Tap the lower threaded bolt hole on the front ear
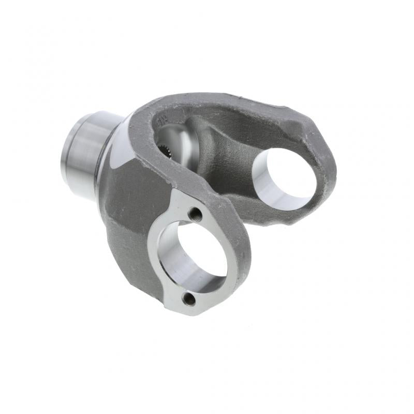point(190,299)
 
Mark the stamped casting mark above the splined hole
point(161,121)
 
